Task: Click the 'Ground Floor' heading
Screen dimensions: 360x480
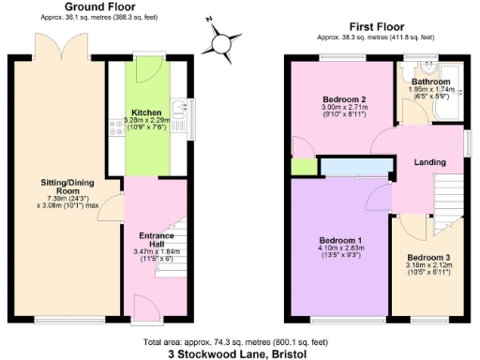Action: pos(97,6)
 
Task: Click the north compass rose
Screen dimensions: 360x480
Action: pos(221,42)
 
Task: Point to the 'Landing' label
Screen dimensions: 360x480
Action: pos(430,162)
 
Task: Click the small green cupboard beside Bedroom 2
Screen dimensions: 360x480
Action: pos(302,167)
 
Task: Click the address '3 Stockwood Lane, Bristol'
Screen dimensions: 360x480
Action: pos(238,354)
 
